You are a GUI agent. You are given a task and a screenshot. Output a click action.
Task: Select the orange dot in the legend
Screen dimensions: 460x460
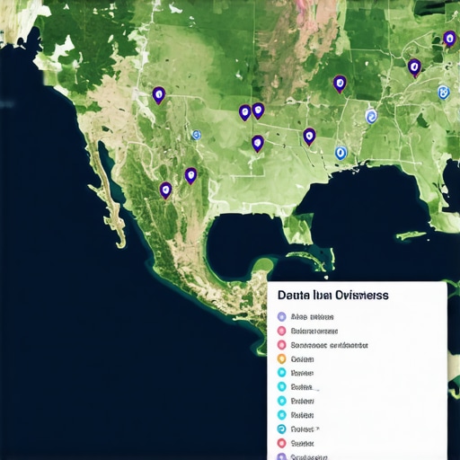pyautogui.click(x=282, y=358)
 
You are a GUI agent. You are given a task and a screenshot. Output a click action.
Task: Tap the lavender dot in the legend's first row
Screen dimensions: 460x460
pyautogui.click(x=282, y=317)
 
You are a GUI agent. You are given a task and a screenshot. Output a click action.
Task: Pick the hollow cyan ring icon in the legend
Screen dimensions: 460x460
pyautogui.click(x=282, y=429)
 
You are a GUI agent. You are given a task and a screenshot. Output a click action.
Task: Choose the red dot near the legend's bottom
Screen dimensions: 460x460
pyautogui.click(x=282, y=443)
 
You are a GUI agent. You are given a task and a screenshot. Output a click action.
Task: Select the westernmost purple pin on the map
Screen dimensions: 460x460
pyautogui.click(x=159, y=93)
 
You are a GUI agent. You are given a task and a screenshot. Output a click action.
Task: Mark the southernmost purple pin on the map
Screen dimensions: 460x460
pyautogui.click(x=165, y=190)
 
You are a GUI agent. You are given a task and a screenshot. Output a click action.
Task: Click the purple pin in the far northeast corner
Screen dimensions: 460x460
pyautogui.click(x=449, y=38)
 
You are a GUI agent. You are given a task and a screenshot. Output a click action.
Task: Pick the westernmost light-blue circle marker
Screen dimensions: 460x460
pyautogui.click(x=196, y=134)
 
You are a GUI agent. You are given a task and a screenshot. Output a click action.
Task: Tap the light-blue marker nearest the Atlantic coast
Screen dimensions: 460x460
pyautogui.click(x=442, y=92)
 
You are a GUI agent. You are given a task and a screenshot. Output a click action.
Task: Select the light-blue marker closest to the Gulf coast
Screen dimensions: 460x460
pyautogui.click(x=340, y=154)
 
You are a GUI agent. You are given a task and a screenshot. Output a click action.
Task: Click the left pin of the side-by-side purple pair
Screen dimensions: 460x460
pyautogui.click(x=244, y=111)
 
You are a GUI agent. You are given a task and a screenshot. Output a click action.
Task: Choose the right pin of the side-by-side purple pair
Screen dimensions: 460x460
pyautogui.click(x=258, y=110)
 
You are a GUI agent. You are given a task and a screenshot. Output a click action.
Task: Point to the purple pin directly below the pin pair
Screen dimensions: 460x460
pyautogui.click(x=258, y=142)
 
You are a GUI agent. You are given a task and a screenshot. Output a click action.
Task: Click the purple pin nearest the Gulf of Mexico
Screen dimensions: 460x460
pyautogui.click(x=309, y=136)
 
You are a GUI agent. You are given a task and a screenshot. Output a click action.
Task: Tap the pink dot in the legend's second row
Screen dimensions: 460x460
pyautogui.click(x=282, y=331)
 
